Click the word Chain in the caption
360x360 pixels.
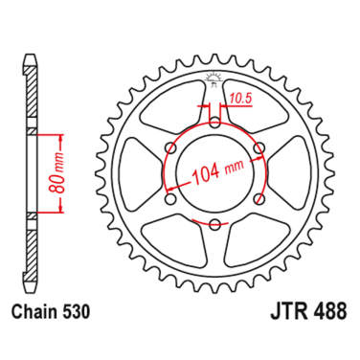click(x=35, y=312)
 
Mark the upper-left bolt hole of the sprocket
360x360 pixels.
click(x=170, y=146)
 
